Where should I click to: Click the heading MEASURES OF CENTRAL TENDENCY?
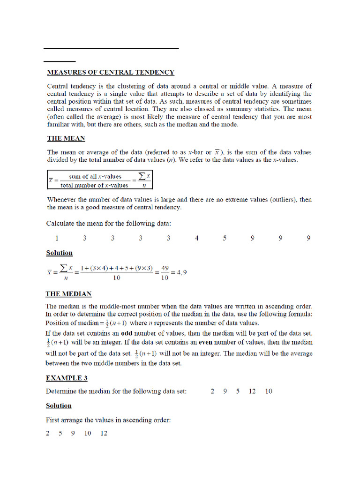click(x=111, y=73)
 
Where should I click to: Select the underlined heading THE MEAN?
click(x=66, y=139)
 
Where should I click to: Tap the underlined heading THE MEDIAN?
click(x=68, y=294)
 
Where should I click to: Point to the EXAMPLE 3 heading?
click(x=67, y=378)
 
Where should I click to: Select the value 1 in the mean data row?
click(x=57, y=238)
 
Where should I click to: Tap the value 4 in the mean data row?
click(x=197, y=238)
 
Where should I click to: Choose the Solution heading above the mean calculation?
click(x=59, y=253)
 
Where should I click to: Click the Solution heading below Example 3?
click(x=59, y=405)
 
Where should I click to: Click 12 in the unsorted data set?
click(x=252, y=391)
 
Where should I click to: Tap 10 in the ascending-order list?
click(x=88, y=433)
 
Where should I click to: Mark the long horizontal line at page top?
click(x=111, y=48)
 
